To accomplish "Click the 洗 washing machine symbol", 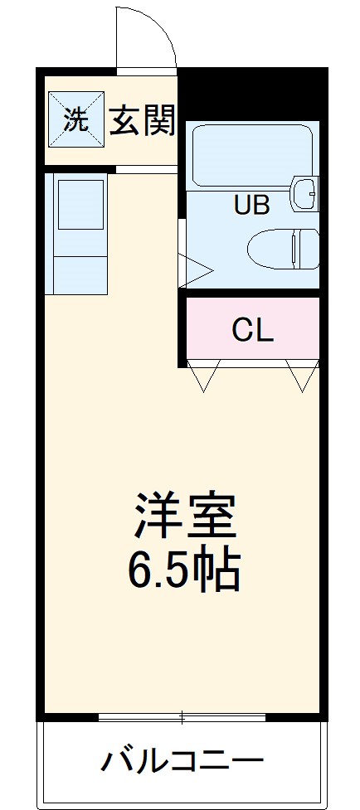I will tap(75, 121).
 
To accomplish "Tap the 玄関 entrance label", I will tap(143, 122).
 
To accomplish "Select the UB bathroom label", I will tap(251, 205).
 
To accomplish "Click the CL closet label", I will tap(252, 330).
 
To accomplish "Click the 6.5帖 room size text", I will tap(184, 570).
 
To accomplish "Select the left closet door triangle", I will tap(204, 376).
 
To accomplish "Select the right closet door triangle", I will tap(300, 376).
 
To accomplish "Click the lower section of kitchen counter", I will tap(80, 273).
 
